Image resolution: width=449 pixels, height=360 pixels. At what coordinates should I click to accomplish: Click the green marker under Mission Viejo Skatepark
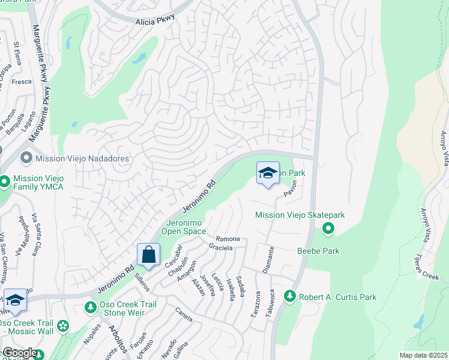328,228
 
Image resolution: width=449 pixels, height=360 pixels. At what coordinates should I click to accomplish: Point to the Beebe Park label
318,251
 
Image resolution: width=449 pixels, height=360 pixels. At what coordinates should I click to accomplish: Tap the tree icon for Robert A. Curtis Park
290,296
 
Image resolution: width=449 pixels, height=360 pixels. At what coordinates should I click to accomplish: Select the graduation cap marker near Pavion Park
268,173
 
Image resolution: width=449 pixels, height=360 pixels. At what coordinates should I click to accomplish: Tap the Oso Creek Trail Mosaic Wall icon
62,327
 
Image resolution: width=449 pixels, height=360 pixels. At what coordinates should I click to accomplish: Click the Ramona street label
228,239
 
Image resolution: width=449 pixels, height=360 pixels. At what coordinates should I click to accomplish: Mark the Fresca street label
22,82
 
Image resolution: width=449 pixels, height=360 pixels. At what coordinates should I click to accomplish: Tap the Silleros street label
142,280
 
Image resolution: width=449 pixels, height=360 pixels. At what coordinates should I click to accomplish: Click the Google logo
19,353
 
